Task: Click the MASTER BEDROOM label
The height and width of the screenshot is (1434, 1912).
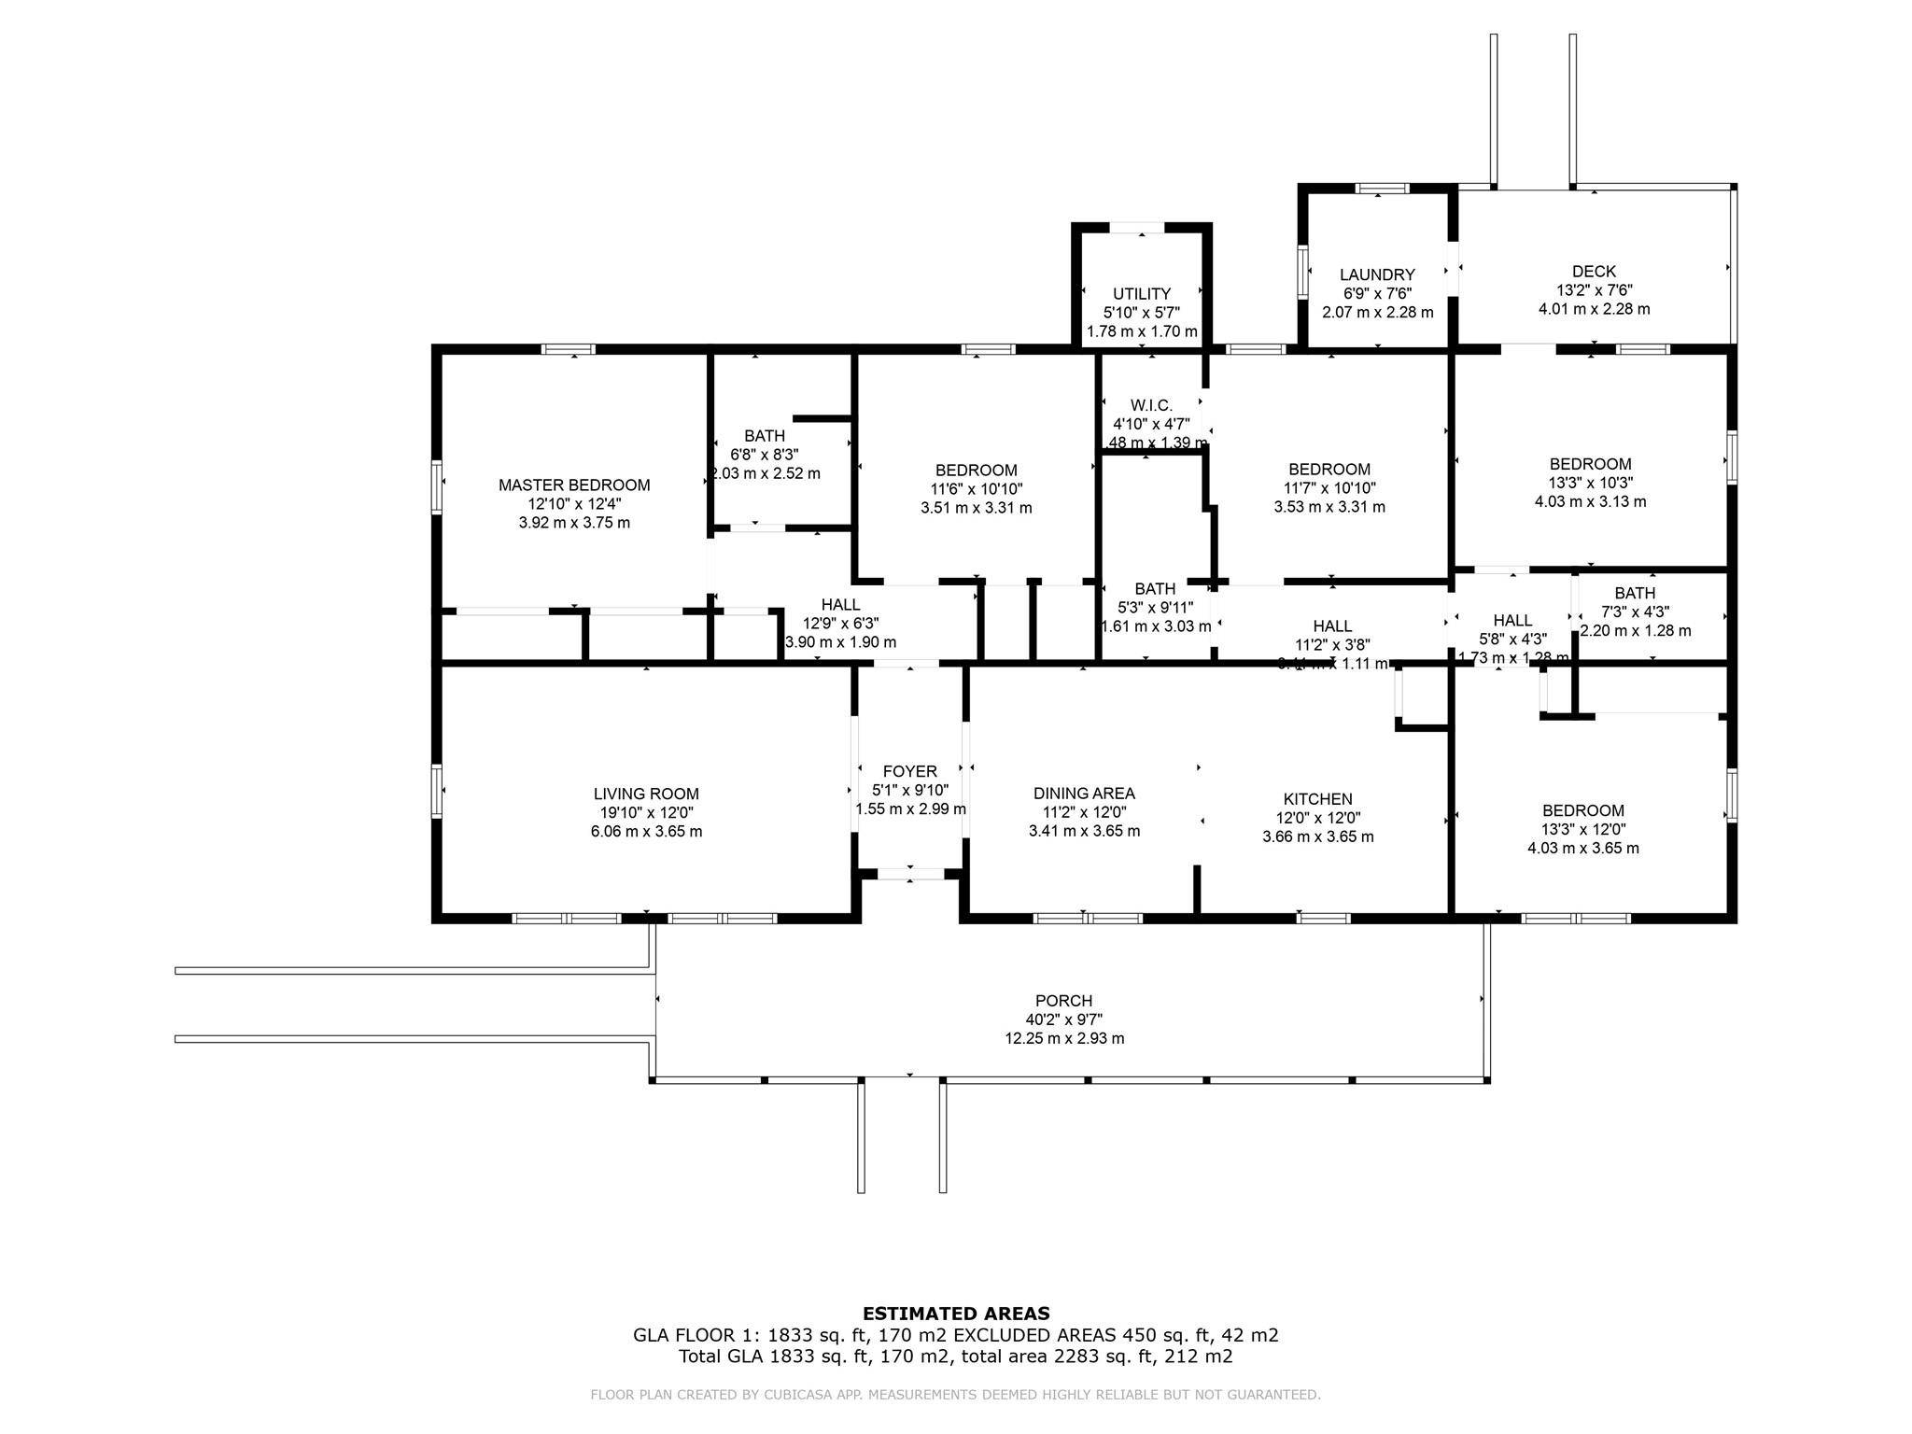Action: [x=573, y=485]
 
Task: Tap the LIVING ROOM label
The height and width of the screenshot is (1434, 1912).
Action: [x=646, y=794]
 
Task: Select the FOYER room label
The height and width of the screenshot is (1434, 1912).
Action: [x=909, y=771]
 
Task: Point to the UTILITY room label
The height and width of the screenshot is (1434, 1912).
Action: [x=1141, y=293]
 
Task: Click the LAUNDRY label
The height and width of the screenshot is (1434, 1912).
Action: [x=1377, y=274]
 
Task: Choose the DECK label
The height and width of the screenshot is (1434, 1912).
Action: [x=1594, y=271]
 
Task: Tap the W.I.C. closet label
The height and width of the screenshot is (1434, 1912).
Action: [x=1150, y=404]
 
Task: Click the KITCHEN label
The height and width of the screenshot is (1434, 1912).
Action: [x=1317, y=798]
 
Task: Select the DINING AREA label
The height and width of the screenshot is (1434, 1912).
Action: [x=1084, y=793]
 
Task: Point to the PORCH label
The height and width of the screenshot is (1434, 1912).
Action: [x=1063, y=1000]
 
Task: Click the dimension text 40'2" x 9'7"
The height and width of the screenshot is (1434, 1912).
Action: [x=1063, y=1019]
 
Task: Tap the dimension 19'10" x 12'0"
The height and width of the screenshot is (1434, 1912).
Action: [x=646, y=812]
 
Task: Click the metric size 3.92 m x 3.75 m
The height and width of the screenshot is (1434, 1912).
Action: [x=573, y=523]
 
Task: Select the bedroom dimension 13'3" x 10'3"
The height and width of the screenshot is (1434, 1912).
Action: [x=1590, y=483]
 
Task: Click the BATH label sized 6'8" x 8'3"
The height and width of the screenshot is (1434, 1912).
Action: [x=764, y=435]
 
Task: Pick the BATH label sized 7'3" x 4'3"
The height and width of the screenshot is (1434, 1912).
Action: [x=1635, y=592]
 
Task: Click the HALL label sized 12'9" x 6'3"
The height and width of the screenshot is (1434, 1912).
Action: [x=840, y=604]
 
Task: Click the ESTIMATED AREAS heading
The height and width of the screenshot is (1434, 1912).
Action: [x=955, y=1313]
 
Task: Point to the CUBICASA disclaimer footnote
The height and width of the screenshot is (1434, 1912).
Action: [x=955, y=1395]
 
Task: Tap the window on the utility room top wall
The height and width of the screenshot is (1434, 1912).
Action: [x=1137, y=227]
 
